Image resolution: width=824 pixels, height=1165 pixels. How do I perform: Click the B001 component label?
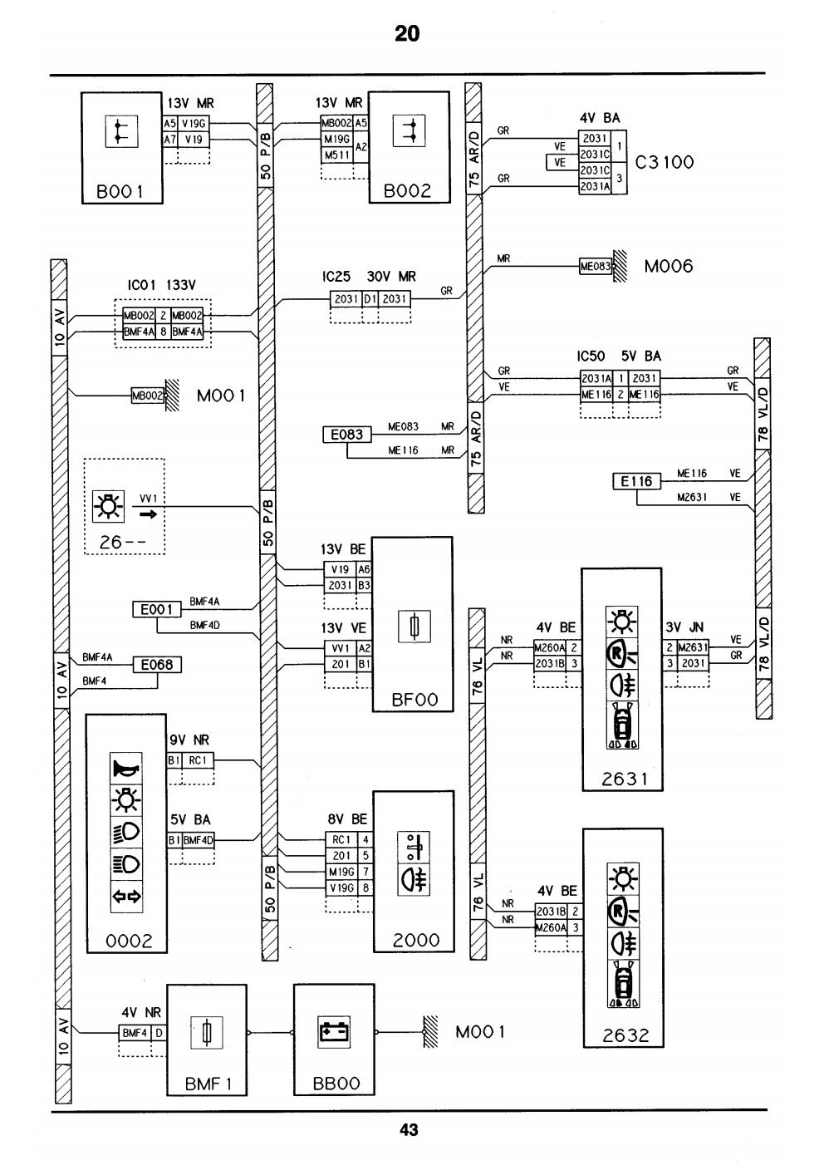(120, 192)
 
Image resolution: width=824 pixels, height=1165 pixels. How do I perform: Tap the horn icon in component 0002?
(126, 768)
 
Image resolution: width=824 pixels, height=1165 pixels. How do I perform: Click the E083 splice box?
(347, 435)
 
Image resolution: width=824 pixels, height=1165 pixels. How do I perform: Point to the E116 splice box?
(637, 482)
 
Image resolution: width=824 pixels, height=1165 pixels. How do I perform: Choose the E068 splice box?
(157, 665)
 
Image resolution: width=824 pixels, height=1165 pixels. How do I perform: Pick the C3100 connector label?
(665, 162)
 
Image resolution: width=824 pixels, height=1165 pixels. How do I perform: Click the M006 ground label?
(669, 266)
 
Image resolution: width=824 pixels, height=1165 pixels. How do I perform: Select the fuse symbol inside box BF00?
(414, 627)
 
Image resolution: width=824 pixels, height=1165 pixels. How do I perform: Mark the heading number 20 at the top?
(408, 34)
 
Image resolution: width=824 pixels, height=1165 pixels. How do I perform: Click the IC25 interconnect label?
(336, 277)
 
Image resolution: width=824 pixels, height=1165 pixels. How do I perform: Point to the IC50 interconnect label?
(591, 356)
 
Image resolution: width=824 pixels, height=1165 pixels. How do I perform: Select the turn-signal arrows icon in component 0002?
(126, 896)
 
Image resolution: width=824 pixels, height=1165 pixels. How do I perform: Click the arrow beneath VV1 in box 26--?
(148, 515)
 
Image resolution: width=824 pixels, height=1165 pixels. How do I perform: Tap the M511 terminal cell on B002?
(337, 155)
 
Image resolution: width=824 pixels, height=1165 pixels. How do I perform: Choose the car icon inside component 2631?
(622, 726)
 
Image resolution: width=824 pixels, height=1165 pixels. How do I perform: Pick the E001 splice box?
(157, 609)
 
